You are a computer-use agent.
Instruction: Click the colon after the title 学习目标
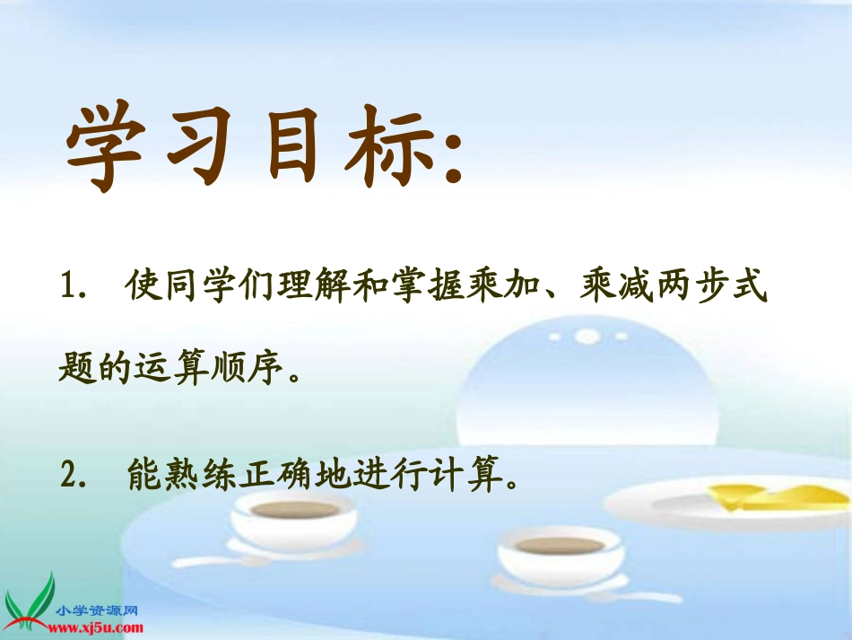click(451, 157)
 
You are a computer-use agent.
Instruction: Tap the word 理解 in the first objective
click(301, 289)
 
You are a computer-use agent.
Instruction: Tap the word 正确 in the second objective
click(288, 473)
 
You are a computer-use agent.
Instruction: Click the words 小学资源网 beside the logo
click(97, 609)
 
